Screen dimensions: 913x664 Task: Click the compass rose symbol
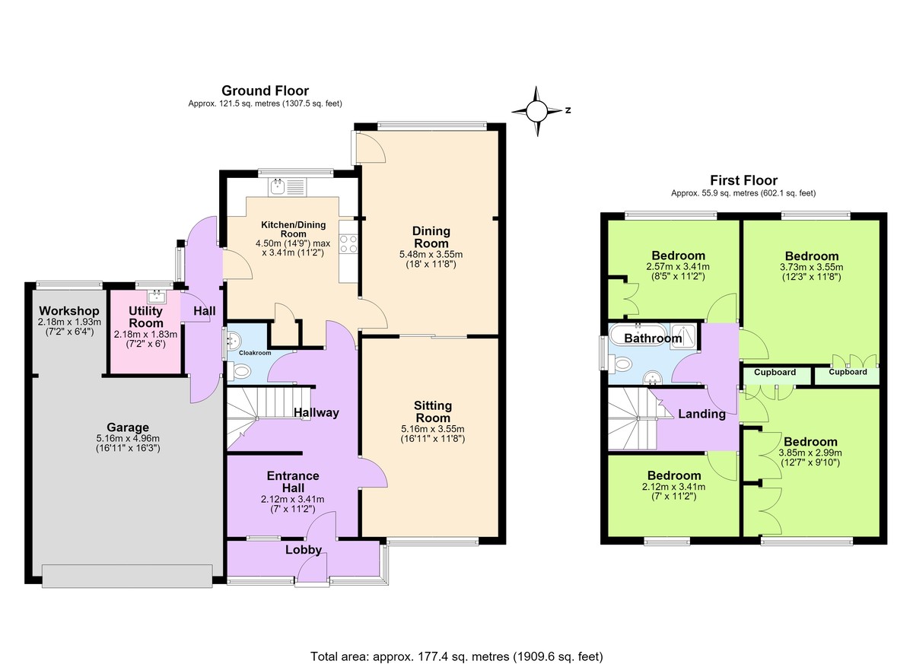(537, 111)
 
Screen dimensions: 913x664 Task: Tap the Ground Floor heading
(265, 91)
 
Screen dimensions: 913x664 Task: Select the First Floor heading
(744, 180)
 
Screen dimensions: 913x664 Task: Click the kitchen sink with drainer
(287, 187)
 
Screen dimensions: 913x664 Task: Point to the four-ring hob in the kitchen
(348, 243)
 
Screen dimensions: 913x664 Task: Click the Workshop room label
(69, 311)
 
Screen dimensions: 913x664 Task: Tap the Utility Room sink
(157, 296)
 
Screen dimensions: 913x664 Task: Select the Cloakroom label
(255, 353)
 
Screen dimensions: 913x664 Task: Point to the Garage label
(128, 427)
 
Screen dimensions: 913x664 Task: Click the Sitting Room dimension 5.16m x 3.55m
(433, 428)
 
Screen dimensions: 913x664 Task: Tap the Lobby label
(304, 550)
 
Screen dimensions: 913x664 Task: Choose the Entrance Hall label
(293, 481)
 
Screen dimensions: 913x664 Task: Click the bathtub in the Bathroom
(639, 336)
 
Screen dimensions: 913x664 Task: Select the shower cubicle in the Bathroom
(684, 336)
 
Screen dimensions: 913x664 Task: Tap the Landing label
(701, 414)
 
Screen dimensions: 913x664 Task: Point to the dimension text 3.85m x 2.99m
(810, 453)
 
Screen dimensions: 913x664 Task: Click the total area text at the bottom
(456, 645)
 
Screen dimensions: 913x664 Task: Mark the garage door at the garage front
(127, 576)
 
